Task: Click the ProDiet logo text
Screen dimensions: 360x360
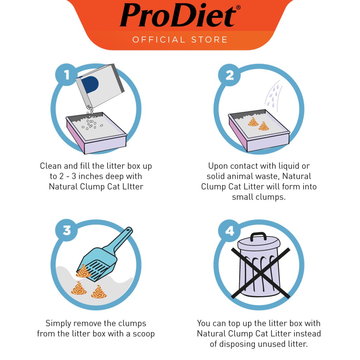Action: pos(178,15)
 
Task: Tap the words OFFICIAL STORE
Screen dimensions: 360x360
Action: pos(180,40)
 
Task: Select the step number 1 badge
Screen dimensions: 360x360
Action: pos(66,75)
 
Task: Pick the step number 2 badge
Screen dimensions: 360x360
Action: pos(229,75)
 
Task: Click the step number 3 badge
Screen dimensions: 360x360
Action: pos(66,230)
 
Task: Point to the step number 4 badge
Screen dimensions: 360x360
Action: pos(229,231)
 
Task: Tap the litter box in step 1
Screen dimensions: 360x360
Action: pos(96,133)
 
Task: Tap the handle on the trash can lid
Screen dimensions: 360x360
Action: pos(258,236)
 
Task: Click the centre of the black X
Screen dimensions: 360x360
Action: pos(261,273)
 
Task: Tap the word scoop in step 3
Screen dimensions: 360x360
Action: pos(143,334)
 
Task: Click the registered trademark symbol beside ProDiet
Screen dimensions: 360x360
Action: pos(238,8)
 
